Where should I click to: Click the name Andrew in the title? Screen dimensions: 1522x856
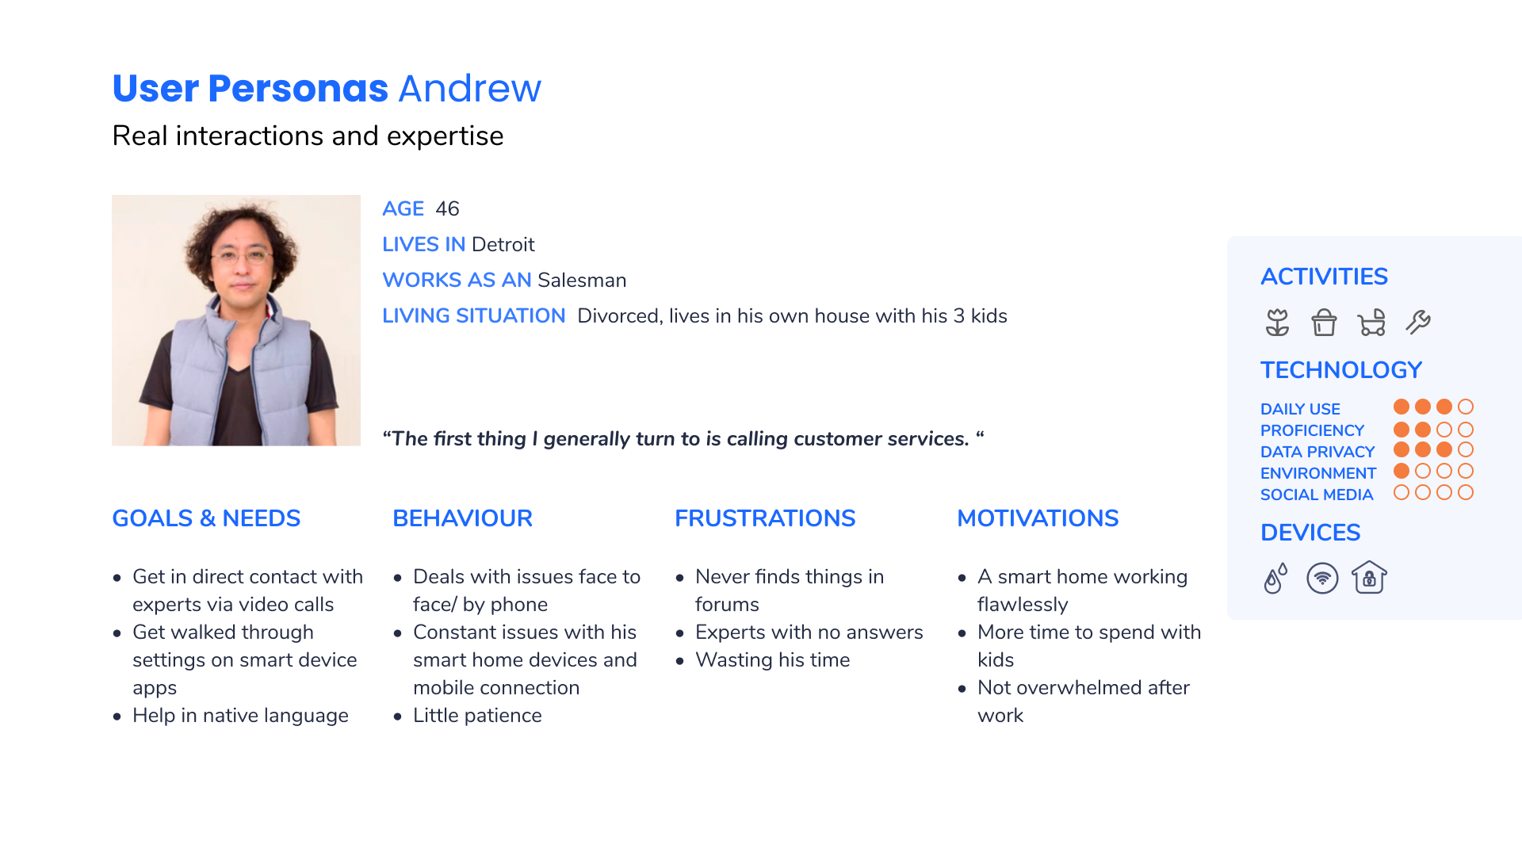[x=470, y=88]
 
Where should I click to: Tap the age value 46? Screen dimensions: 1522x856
[x=447, y=208]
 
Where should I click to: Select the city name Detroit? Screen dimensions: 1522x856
[x=503, y=244]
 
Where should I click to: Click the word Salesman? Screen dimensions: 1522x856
[x=582, y=280]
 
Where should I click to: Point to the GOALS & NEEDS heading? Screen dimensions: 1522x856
[x=206, y=518]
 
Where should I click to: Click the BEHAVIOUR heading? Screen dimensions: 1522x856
[x=462, y=518]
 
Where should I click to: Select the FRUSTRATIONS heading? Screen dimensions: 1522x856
[x=765, y=518]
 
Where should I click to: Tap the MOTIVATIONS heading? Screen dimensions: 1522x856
[x=1038, y=518]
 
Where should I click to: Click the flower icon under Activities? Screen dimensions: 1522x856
[x=1277, y=323]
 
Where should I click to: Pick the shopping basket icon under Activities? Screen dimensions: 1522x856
[x=1324, y=323]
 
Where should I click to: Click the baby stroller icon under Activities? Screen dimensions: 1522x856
[x=1371, y=323]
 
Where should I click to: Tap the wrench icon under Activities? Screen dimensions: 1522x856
[x=1418, y=323]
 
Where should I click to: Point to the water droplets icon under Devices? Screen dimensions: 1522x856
[x=1275, y=579]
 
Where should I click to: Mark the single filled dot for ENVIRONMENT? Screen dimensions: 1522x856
[x=1402, y=471]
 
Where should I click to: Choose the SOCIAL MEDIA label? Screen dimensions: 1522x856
[x=1317, y=495]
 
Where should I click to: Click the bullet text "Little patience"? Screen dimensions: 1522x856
[x=477, y=716]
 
